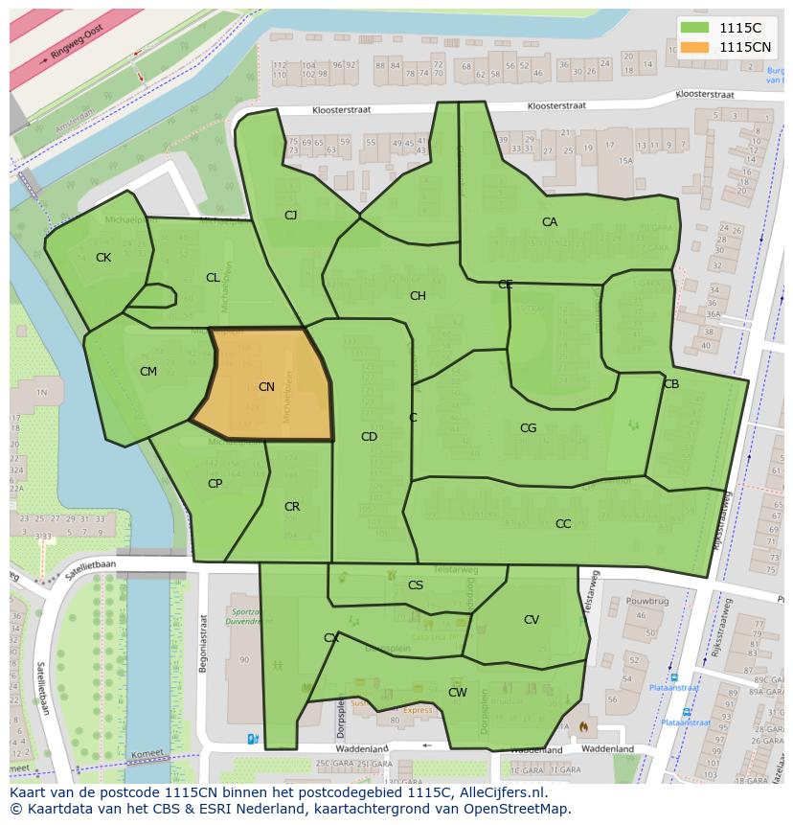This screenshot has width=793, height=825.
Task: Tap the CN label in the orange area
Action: click(266, 387)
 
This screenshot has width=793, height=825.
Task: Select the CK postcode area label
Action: click(103, 258)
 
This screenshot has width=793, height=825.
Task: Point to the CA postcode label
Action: click(550, 222)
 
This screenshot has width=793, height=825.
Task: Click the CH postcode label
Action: click(418, 296)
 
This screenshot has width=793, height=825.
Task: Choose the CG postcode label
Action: click(528, 428)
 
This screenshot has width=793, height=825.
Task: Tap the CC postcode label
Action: click(563, 524)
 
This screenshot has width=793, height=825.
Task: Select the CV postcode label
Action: click(532, 620)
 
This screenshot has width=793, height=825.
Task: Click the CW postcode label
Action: click(458, 693)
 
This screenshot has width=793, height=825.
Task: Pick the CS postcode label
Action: click(416, 585)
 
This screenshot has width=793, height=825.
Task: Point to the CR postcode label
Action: click(292, 507)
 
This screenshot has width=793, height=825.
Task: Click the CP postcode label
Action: click(215, 484)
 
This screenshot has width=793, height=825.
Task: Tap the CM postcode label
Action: click(148, 372)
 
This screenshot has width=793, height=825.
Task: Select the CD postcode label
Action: click(369, 437)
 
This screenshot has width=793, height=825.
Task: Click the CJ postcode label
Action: click(290, 216)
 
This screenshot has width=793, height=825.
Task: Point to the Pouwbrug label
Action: click(646, 601)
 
